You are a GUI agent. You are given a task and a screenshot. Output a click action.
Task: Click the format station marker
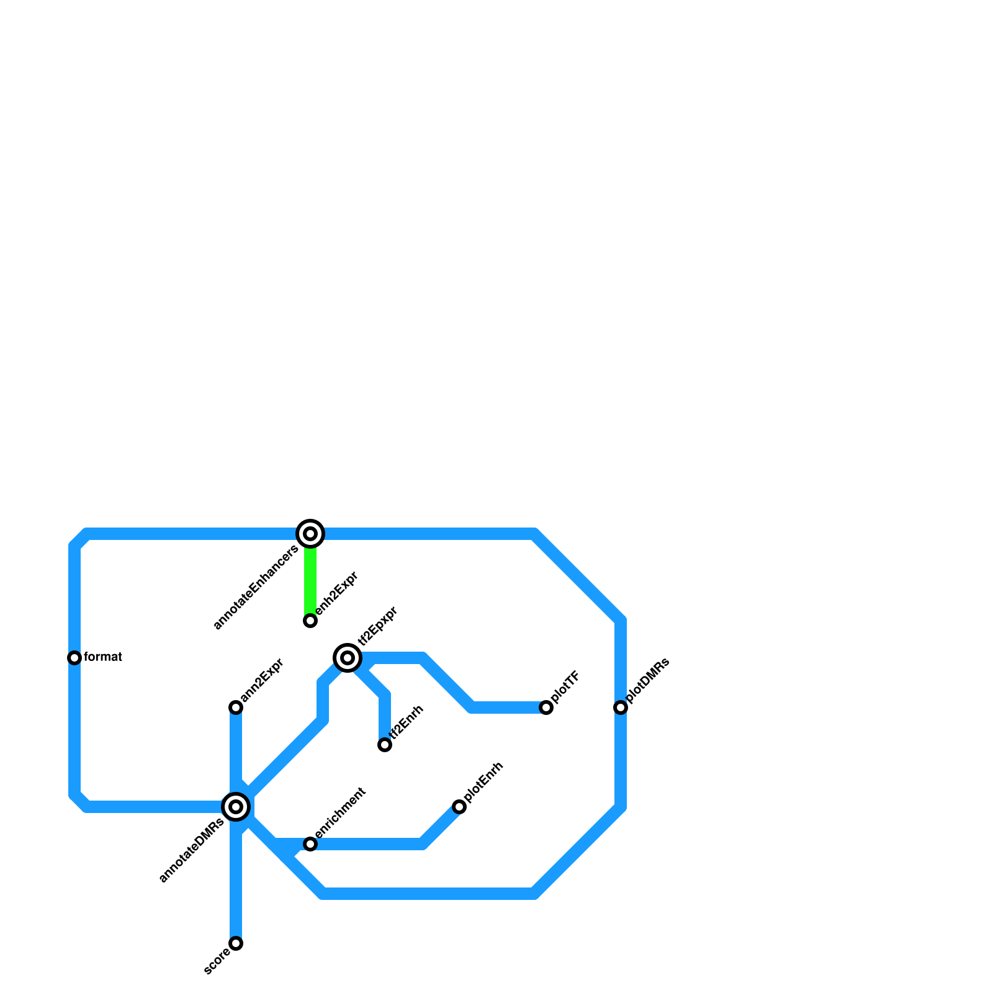tap(74, 658)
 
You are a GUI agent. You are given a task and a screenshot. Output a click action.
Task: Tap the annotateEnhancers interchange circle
tap(310, 534)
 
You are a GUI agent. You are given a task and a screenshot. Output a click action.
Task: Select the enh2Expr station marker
tap(310, 621)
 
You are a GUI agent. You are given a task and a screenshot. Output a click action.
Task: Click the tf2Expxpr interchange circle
tap(348, 658)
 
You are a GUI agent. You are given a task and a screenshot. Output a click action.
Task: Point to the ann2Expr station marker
tap(236, 708)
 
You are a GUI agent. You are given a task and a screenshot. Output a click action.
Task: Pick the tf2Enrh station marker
tap(385, 745)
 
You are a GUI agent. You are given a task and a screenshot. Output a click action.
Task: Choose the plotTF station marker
tap(546, 708)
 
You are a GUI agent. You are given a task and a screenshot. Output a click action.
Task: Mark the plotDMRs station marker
tap(621, 708)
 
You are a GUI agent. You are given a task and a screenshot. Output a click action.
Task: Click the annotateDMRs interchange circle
tap(236, 807)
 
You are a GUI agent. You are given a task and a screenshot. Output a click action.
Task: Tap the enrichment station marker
tap(310, 844)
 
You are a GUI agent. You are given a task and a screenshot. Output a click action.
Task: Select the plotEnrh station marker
tap(459, 807)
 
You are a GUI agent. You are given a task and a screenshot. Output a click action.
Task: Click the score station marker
tap(236, 943)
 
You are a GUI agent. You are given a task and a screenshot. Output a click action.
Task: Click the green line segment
tap(310, 580)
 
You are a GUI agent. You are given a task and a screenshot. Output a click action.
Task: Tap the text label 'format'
tap(103, 657)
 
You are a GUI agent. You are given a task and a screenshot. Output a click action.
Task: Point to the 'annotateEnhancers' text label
tap(256, 587)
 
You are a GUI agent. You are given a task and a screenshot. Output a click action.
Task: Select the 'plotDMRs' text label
tap(648, 680)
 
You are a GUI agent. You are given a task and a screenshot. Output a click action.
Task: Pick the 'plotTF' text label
tap(565, 687)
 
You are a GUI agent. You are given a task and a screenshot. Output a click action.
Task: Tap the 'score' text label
tap(217, 961)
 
